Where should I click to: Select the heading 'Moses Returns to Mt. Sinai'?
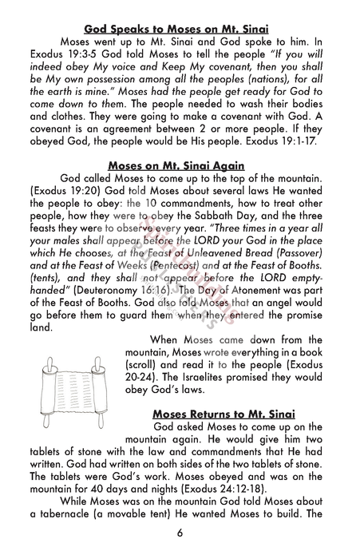223,413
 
